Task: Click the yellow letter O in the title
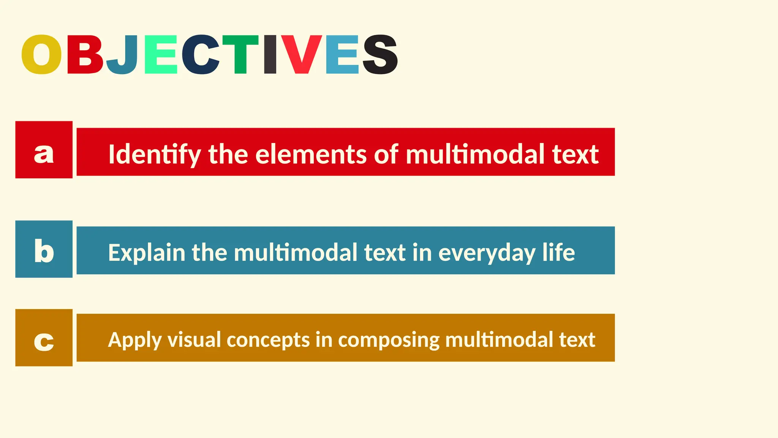coord(41,54)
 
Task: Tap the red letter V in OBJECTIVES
coord(302,54)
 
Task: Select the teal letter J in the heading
coord(123,54)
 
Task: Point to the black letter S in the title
coord(380,54)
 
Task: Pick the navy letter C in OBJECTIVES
coord(201,54)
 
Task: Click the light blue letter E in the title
coord(342,54)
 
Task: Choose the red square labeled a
coord(44,150)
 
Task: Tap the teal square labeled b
coord(44,249)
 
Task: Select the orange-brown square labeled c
coord(44,338)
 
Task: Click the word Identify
coord(154,155)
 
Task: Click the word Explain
coord(146,252)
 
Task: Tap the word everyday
coord(487,253)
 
